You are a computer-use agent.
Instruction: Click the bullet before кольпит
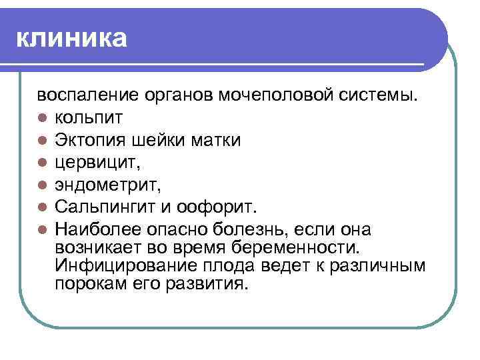coord(41,119)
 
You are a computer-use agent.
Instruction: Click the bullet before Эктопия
coord(41,141)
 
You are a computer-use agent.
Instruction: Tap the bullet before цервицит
coord(41,164)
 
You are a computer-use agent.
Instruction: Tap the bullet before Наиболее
coord(41,231)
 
